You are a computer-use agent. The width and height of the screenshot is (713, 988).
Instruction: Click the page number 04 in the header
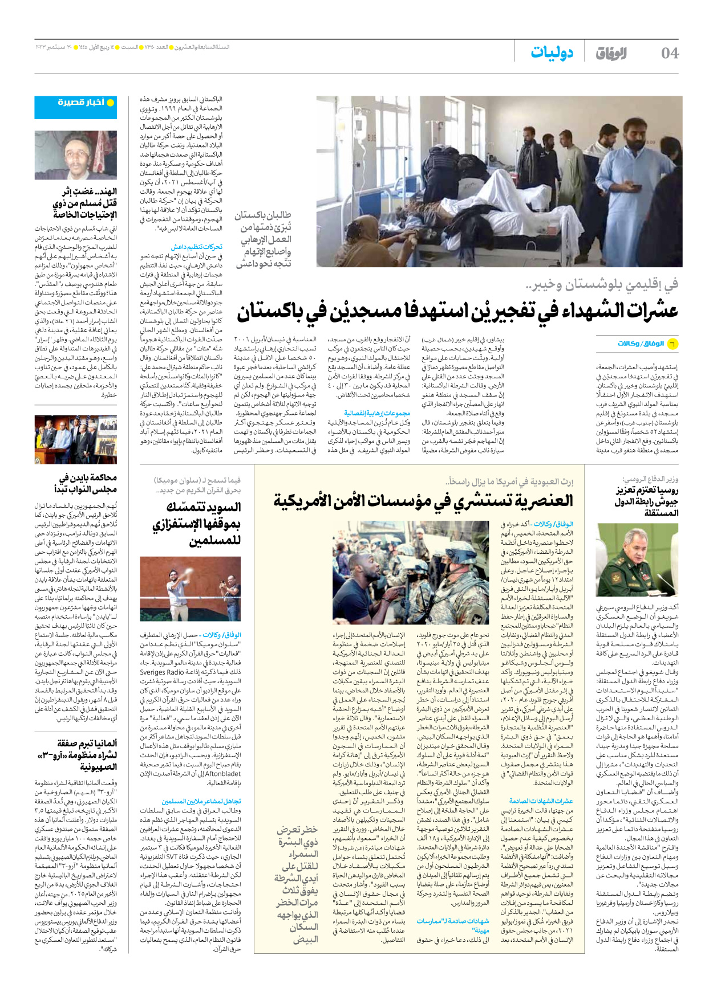(669, 53)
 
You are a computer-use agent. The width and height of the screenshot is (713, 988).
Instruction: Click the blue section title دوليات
(552, 52)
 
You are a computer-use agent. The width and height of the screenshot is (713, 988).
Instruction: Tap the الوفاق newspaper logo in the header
(611, 53)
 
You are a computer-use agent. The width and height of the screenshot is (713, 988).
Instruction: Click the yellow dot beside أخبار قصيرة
(111, 103)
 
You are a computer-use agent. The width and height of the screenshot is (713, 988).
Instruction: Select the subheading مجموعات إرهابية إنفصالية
(376, 413)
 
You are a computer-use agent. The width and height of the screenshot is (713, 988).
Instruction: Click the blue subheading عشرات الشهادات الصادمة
(541, 801)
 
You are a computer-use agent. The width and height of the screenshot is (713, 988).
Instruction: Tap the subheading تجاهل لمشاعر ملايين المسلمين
(201, 801)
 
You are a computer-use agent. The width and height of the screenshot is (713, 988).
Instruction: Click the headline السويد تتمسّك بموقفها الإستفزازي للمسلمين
(197, 523)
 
